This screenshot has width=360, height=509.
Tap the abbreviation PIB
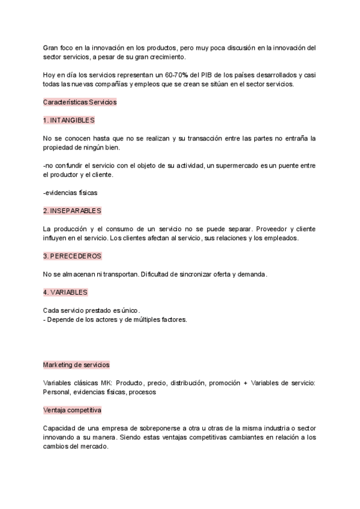click(211, 74)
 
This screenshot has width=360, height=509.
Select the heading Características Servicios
click(80, 102)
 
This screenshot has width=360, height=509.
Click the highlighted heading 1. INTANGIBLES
click(69, 120)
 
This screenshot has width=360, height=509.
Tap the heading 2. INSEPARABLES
click(72, 211)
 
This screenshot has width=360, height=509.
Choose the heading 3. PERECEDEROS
click(72, 256)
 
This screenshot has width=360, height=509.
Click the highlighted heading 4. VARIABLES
click(66, 292)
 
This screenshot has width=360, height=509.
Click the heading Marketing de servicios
click(76, 364)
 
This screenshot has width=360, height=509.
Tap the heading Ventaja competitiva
click(72, 410)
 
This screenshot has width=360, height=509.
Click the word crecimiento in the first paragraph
click(163, 56)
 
